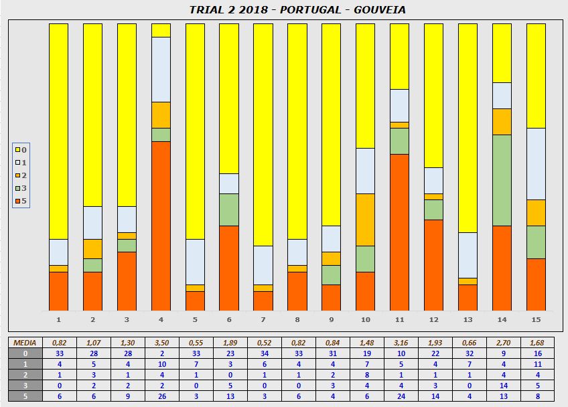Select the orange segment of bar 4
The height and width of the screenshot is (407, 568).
(161, 226)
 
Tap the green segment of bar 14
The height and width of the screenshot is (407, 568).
(502, 180)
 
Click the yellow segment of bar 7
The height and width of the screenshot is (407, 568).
(263, 135)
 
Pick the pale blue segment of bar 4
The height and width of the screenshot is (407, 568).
(161, 70)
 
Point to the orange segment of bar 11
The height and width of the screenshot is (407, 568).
(400, 232)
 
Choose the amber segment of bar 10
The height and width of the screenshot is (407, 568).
(365, 220)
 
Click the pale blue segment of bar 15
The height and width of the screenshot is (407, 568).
(536, 164)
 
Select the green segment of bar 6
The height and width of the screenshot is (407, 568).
(229, 210)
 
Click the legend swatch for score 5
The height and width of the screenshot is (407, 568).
(17, 201)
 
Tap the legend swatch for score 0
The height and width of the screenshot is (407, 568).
(17, 149)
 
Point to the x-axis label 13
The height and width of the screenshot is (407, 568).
(468, 319)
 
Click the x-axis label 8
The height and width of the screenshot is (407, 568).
(297, 319)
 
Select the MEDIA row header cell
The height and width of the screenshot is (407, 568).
(24, 343)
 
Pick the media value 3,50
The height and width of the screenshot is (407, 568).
(161, 343)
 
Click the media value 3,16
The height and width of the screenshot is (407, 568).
(400, 343)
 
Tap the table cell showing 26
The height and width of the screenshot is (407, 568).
(161, 396)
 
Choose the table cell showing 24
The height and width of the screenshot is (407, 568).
(400, 396)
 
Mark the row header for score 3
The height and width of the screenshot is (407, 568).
(24, 386)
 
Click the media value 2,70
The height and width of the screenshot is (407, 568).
(502, 343)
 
